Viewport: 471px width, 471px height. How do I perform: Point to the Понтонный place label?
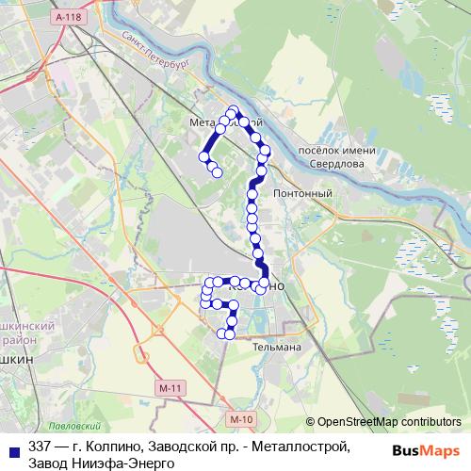[x=302, y=194]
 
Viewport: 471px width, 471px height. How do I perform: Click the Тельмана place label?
[x=251, y=347]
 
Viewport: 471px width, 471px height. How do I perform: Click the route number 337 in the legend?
[x=40, y=446]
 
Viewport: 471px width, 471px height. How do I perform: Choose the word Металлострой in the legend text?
[x=306, y=446]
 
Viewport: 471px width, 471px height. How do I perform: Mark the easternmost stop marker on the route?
[x=267, y=150]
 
